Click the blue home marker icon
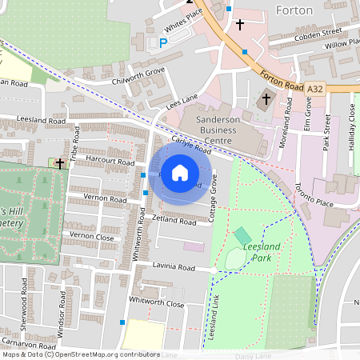(180, 173)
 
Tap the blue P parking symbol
(164, 43)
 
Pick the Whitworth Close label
(156, 303)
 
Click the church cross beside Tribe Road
(59, 162)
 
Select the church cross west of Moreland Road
(266, 100)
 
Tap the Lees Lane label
(182, 100)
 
